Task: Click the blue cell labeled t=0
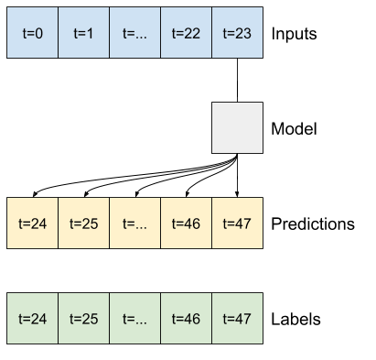click(32, 33)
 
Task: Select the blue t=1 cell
click(83, 33)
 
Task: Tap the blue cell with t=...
click(134, 33)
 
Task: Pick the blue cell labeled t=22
click(186, 33)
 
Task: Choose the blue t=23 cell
click(237, 33)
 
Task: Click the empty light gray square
click(237, 127)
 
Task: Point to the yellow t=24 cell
click(32, 223)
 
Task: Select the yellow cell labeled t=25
click(83, 223)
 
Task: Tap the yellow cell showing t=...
click(134, 223)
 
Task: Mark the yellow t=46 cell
click(186, 223)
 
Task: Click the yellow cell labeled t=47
click(237, 223)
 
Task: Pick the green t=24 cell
click(32, 318)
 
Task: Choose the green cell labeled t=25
click(83, 318)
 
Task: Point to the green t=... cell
click(134, 318)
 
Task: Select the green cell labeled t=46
click(186, 318)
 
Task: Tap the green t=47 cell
click(237, 318)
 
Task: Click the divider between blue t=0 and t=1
click(58, 33)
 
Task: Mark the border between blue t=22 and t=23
click(211, 33)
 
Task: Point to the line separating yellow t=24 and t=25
click(58, 223)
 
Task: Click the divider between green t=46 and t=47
click(211, 318)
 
